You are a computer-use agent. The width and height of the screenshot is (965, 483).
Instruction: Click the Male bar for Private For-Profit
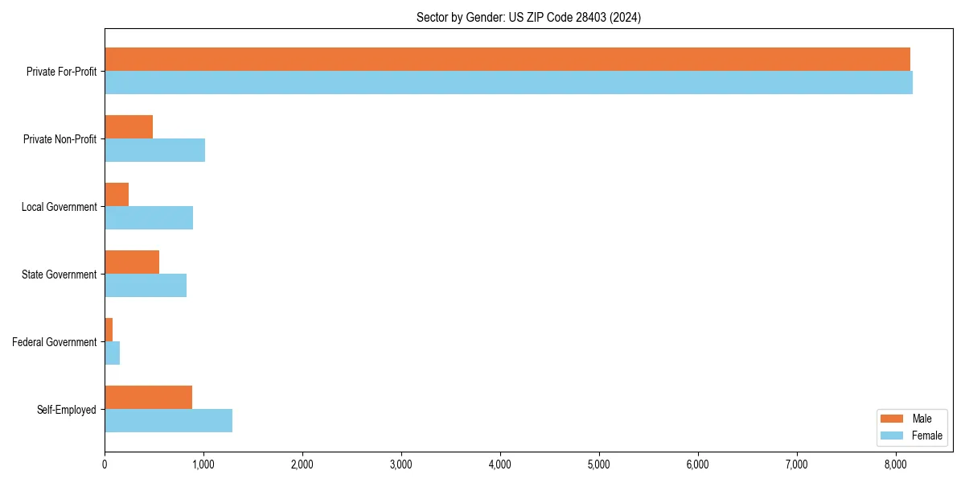pos(507,60)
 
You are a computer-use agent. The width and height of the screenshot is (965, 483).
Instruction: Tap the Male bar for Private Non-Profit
pos(129,127)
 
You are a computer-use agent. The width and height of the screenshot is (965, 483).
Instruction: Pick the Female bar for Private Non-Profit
pos(154,151)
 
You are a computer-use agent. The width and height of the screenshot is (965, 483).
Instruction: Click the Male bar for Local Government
pos(117,195)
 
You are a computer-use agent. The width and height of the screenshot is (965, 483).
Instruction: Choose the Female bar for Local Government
pos(149,218)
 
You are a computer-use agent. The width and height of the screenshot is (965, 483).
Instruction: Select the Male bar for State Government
pos(132,262)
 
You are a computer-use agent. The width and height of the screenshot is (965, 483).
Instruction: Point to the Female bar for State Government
pos(146,286)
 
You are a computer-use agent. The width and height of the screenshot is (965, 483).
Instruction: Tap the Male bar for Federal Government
pos(109,330)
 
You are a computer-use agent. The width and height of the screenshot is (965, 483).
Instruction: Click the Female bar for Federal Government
pos(113,353)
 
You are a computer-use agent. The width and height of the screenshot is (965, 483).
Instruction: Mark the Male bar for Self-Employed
pos(148,398)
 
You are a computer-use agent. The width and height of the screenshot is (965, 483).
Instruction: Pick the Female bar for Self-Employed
pos(168,421)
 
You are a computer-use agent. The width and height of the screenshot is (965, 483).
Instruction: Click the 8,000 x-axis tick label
pos(896,464)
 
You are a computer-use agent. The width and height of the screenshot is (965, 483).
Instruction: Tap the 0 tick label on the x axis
pos(105,464)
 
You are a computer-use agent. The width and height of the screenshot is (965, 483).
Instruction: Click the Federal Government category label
pos(55,342)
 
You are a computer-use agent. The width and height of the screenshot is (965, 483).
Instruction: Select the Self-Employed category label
pos(67,410)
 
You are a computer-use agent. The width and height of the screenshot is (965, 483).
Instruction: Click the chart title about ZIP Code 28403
pos(528,17)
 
